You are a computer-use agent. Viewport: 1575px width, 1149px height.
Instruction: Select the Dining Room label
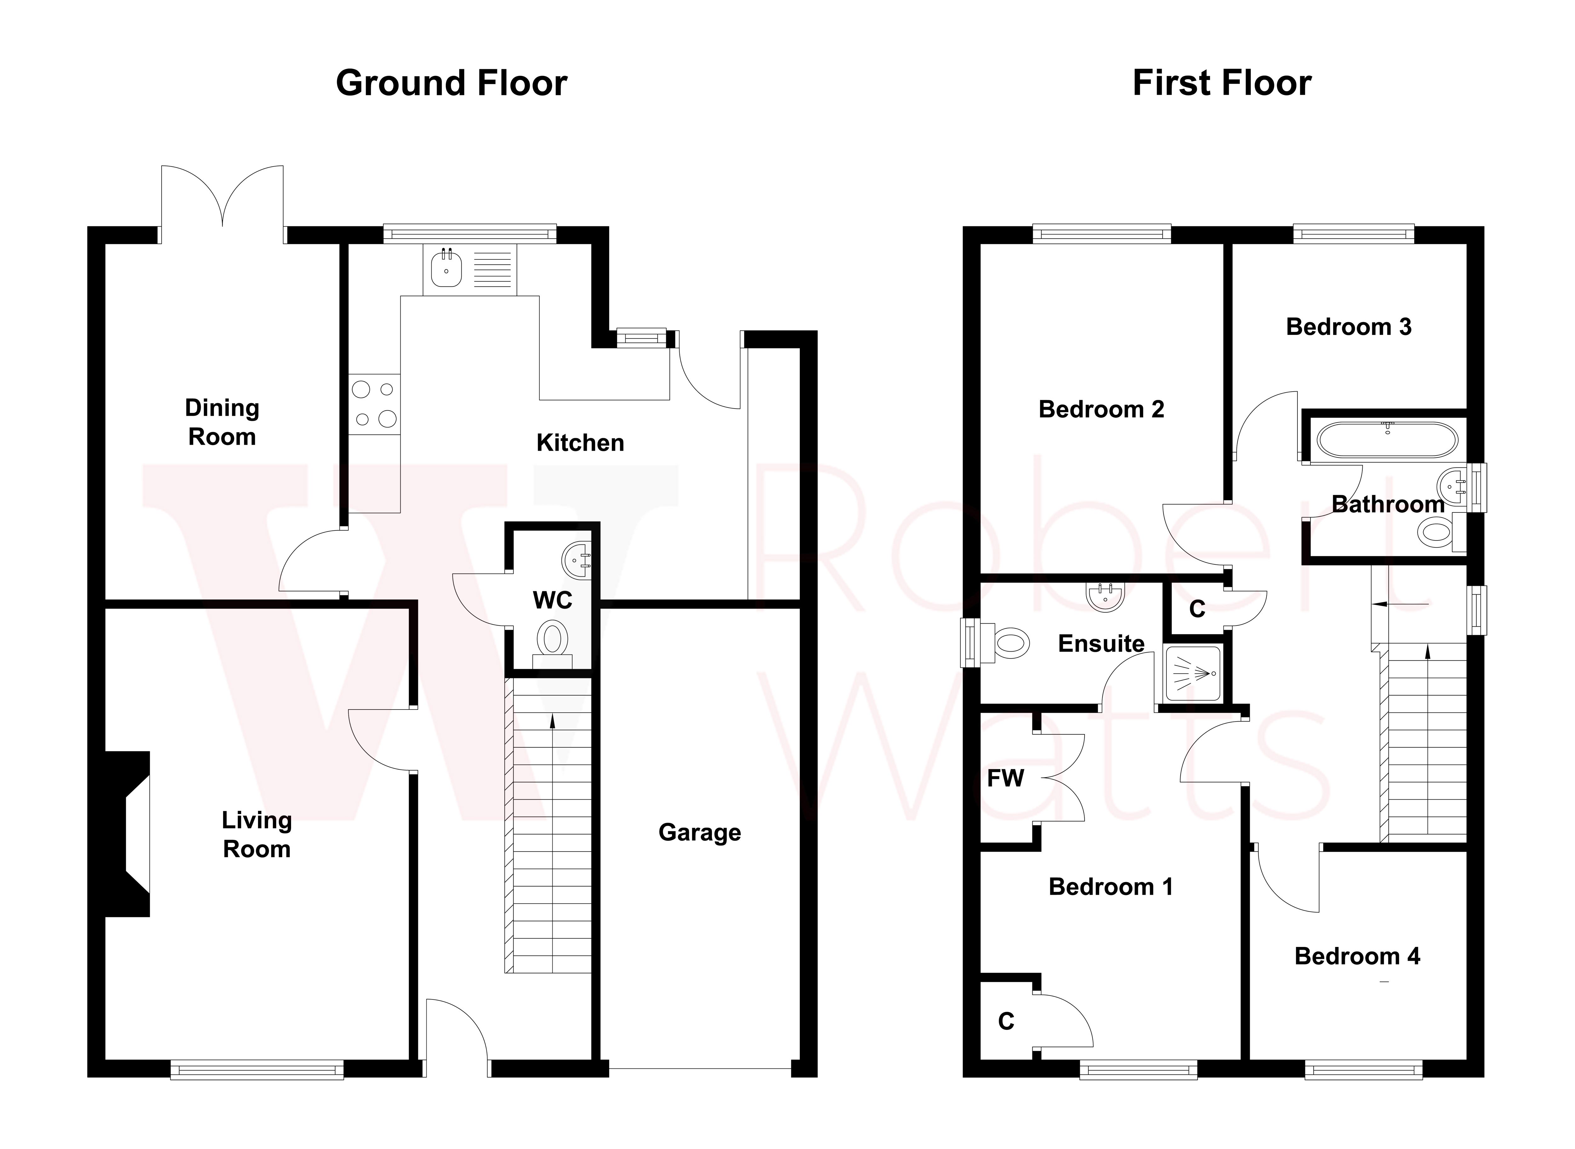click(x=222, y=422)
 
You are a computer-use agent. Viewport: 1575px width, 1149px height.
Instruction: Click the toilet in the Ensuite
click(x=1011, y=643)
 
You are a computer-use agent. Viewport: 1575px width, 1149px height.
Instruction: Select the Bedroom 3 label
click(x=1348, y=327)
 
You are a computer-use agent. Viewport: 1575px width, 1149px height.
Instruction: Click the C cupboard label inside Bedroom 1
click(x=1006, y=1021)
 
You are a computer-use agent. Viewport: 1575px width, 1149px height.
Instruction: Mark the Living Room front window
click(x=257, y=1070)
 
